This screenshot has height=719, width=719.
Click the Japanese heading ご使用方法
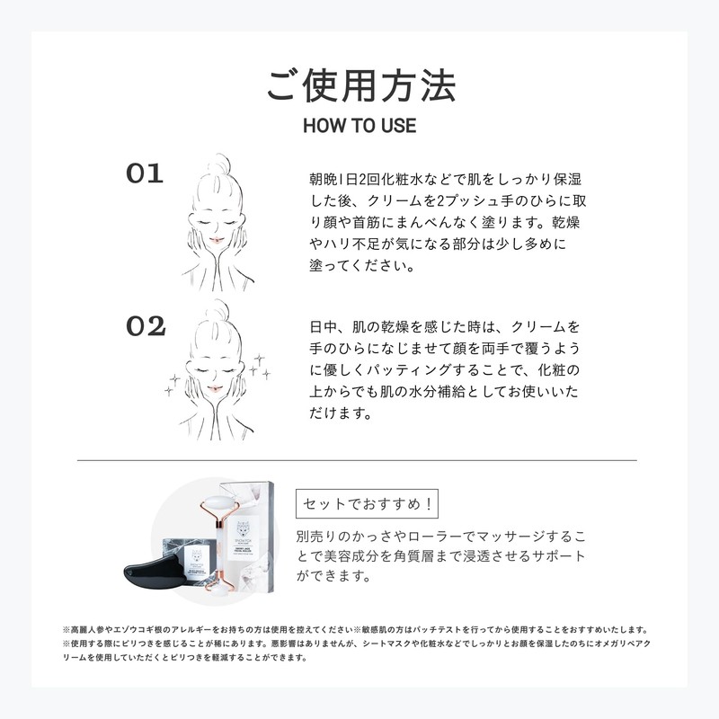point(361,85)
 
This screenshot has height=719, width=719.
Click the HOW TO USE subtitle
point(359,126)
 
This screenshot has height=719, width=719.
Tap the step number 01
point(145,173)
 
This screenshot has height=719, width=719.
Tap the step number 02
point(146,326)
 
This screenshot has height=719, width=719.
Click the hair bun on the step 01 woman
point(218,164)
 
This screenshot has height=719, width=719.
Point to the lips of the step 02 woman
point(213,389)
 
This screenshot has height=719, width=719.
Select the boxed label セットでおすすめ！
point(367,503)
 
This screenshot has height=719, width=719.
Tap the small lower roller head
point(225,590)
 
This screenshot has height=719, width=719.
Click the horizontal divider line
point(357,460)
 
